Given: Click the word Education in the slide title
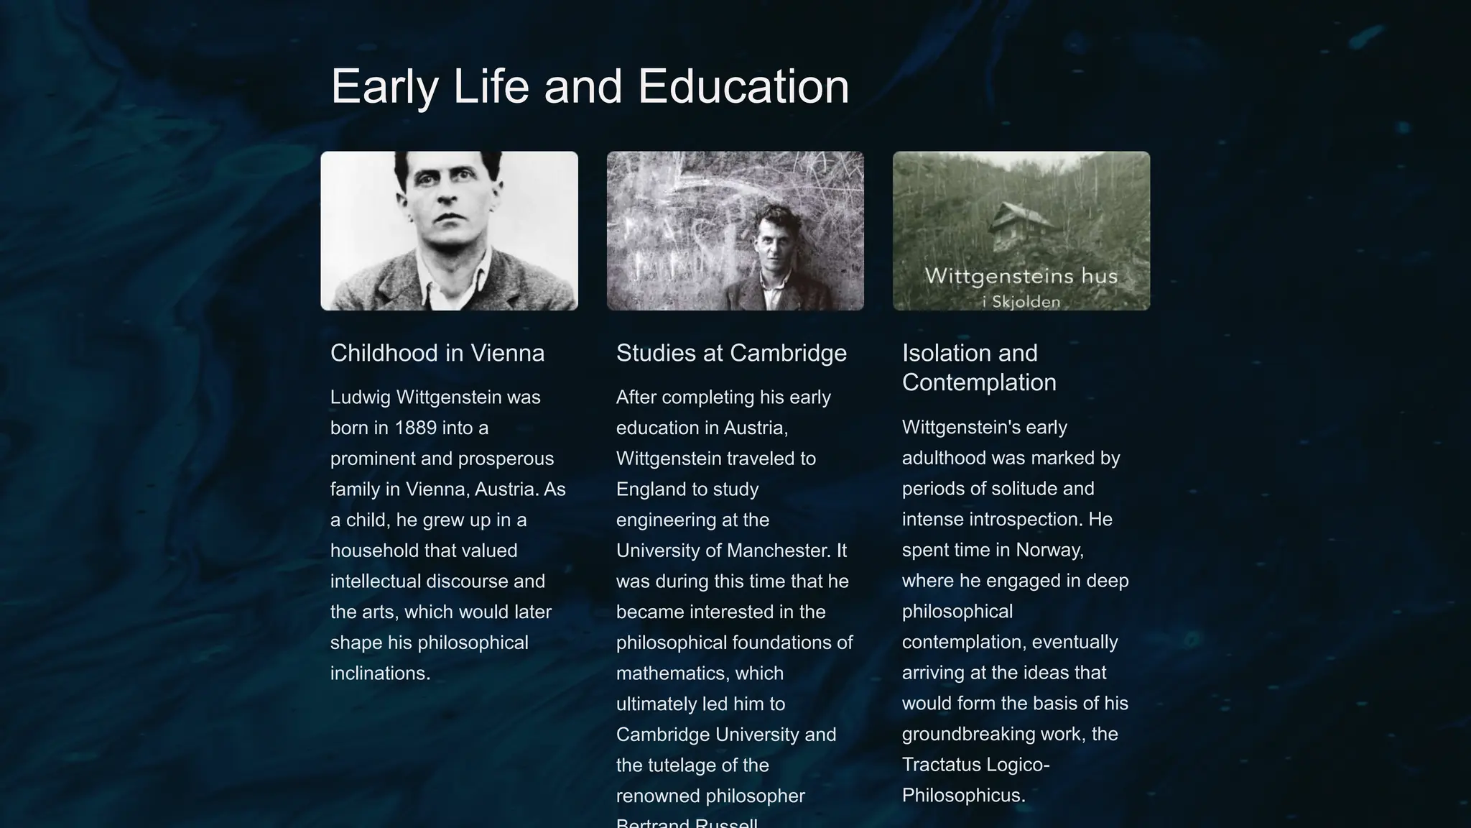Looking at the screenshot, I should coord(743,86).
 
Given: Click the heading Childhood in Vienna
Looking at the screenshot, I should coord(437,353).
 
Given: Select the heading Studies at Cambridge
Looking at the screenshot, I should coord(731,353).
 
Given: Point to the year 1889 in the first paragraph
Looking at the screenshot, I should coord(415,428).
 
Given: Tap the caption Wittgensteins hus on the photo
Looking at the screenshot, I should coord(1021,276).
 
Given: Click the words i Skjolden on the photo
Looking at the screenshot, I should coord(1021,302).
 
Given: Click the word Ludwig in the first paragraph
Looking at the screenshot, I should coord(361,397).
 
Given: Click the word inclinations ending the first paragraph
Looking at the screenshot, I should coord(379,673).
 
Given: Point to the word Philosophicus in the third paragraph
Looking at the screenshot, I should coord(962,796).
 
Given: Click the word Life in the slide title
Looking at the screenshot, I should coord(491,86).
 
